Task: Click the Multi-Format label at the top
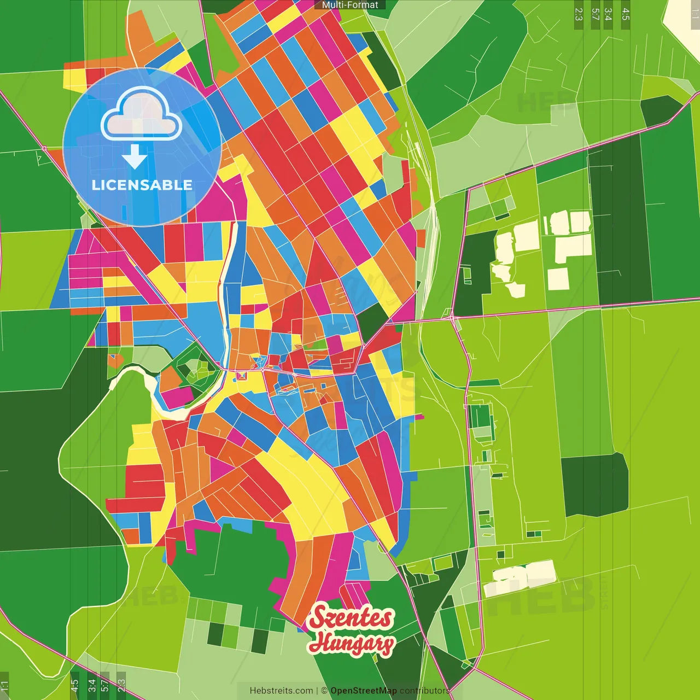(350, 5)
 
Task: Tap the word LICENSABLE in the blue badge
(142, 185)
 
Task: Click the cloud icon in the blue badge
(142, 114)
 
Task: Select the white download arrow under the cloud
(135, 156)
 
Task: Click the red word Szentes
(351, 618)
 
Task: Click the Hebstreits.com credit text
(281, 691)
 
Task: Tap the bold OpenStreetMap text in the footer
(363, 691)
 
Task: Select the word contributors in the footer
(424, 691)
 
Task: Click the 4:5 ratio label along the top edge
(626, 14)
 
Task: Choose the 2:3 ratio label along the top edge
(579, 14)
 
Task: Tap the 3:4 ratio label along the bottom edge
(92, 685)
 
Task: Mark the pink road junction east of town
(452, 317)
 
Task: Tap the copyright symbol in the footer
(324, 691)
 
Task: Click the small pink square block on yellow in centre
(241, 376)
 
